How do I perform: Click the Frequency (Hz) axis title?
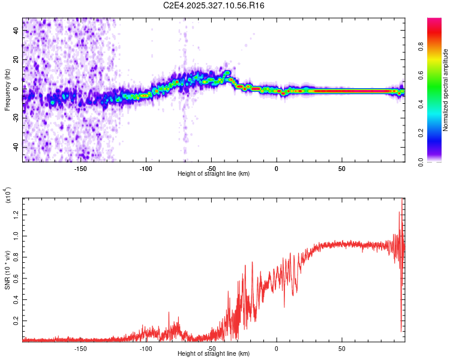(7, 89)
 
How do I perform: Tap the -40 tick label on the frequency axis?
(16, 147)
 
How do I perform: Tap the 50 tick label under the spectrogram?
(341, 168)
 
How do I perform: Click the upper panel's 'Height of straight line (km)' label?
(214, 174)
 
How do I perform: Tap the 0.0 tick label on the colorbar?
(438, 161)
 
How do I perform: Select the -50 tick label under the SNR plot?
(211, 348)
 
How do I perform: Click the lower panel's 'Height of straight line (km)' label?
(214, 354)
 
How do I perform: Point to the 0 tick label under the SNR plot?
(277, 348)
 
